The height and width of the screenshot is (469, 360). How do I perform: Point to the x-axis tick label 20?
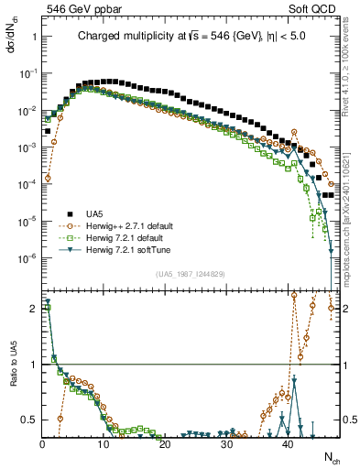click(x=165, y=443)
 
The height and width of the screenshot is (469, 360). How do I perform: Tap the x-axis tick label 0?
click(x=42, y=443)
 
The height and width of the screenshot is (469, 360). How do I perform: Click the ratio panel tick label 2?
click(x=33, y=309)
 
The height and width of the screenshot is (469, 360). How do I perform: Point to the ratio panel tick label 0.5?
click(x=29, y=420)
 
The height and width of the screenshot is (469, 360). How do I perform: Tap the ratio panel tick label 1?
click(x=33, y=365)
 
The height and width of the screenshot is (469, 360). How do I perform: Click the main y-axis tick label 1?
click(x=33, y=38)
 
